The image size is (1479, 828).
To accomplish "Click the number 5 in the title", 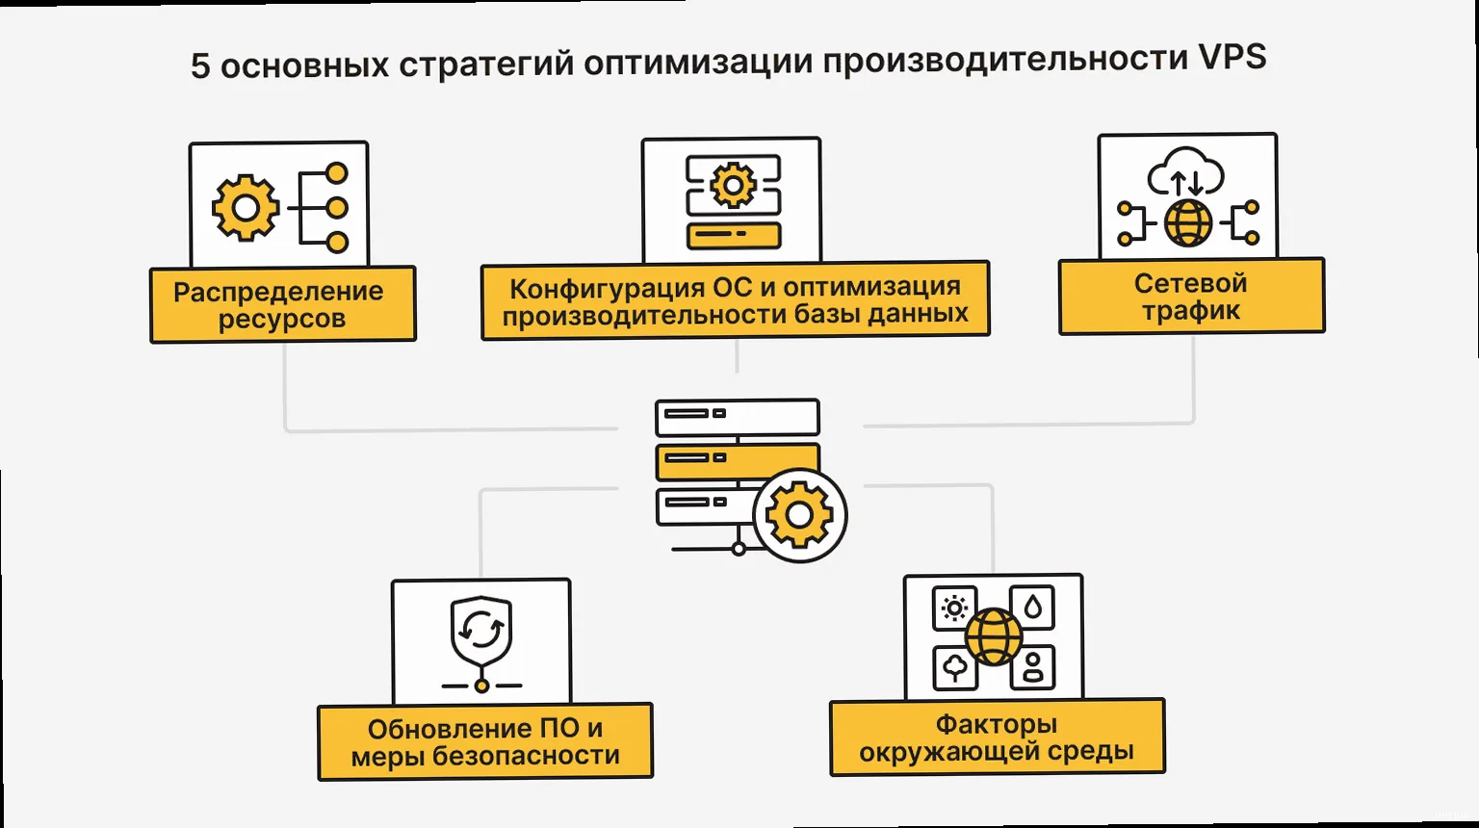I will (200, 66).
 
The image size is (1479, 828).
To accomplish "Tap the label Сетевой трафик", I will (1191, 297).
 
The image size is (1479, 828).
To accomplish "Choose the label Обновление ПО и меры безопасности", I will (485, 741).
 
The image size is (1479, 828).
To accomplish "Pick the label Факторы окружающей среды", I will (997, 737).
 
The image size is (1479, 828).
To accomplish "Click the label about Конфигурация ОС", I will (735, 299).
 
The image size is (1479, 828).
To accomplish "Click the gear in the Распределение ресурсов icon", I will (246, 207).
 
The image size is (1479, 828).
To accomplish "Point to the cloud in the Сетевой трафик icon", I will (1185, 172).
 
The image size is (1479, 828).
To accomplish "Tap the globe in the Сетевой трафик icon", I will (1188, 223).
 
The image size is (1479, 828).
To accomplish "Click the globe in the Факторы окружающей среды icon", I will (993, 636).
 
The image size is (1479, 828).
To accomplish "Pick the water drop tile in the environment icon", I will (1032, 608).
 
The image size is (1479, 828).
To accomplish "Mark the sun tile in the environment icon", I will (954, 608).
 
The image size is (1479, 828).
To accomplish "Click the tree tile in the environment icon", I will (955, 666).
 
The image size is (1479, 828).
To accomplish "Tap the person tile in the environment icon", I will (1032, 666).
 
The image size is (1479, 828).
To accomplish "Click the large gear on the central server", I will (799, 515).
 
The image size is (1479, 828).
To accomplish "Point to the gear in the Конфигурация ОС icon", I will (733, 184).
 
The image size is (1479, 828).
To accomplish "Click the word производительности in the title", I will (1004, 61).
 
